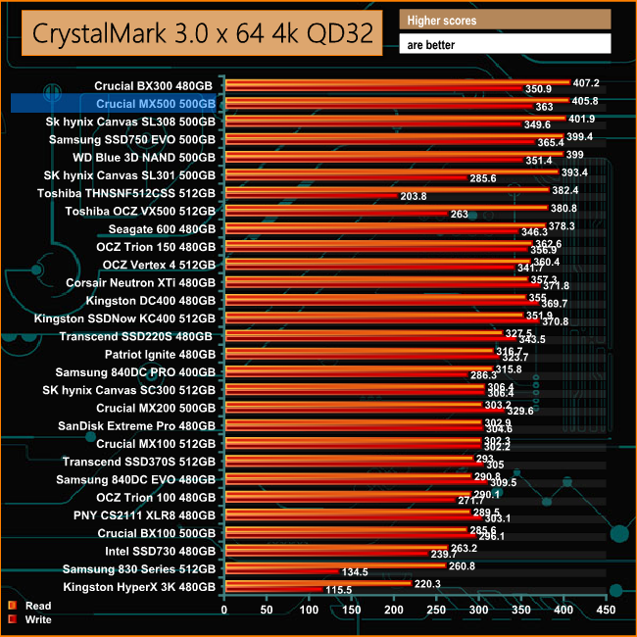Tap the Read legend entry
[x=38, y=606]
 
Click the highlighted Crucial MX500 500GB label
[x=156, y=103]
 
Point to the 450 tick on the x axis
[x=607, y=610]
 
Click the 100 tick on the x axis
[x=310, y=610]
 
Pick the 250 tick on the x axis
[x=437, y=610]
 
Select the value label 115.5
[x=338, y=591]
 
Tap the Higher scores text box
[x=506, y=20]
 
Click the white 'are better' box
[x=506, y=44]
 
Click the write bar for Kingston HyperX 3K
[x=273, y=590]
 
